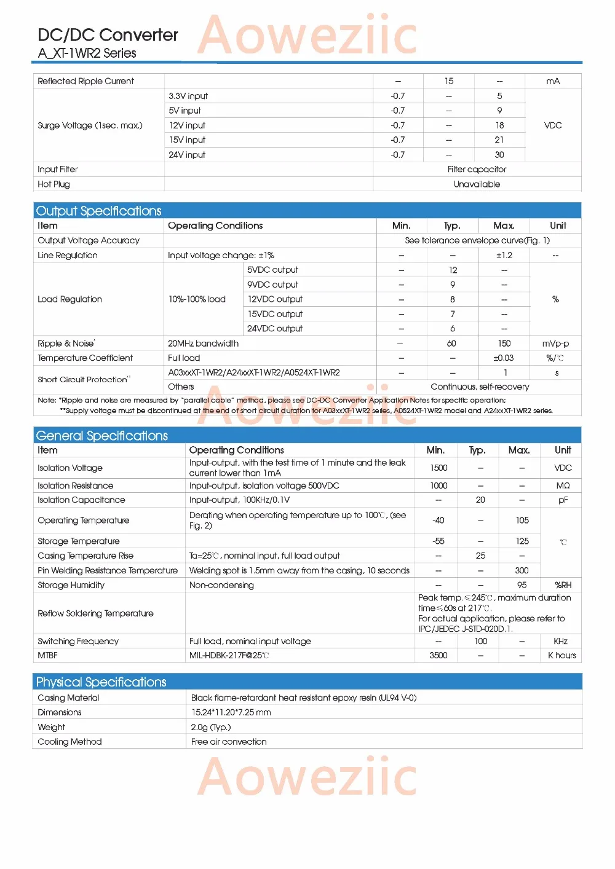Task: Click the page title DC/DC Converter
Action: pyautogui.click(x=108, y=35)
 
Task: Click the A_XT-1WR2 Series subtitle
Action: pyautogui.click(x=87, y=53)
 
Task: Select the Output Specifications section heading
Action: pyautogui.click(x=98, y=211)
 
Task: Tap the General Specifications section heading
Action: pyautogui.click(x=101, y=436)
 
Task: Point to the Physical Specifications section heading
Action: pyautogui.click(x=101, y=682)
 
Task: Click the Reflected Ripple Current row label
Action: pyautogui.click(x=85, y=81)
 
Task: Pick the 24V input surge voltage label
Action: pyautogui.click(x=187, y=155)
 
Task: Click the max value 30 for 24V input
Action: pyautogui.click(x=499, y=155)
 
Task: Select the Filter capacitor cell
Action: pyautogui.click(x=477, y=169)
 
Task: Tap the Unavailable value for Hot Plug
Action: pyautogui.click(x=477, y=184)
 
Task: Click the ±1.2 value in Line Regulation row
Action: pyautogui.click(x=504, y=255)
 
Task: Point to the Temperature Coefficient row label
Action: pyautogui.click(x=85, y=358)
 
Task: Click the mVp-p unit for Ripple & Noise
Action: pyautogui.click(x=555, y=344)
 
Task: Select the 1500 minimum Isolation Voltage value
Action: pyautogui.click(x=438, y=468)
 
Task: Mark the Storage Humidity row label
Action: pyautogui.click(x=71, y=585)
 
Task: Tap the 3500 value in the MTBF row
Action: pyautogui.click(x=438, y=655)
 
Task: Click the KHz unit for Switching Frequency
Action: pyautogui.click(x=560, y=641)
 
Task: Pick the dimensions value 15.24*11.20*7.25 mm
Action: pyautogui.click(x=231, y=712)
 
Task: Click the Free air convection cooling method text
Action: pyautogui.click(x=229, y=742)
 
